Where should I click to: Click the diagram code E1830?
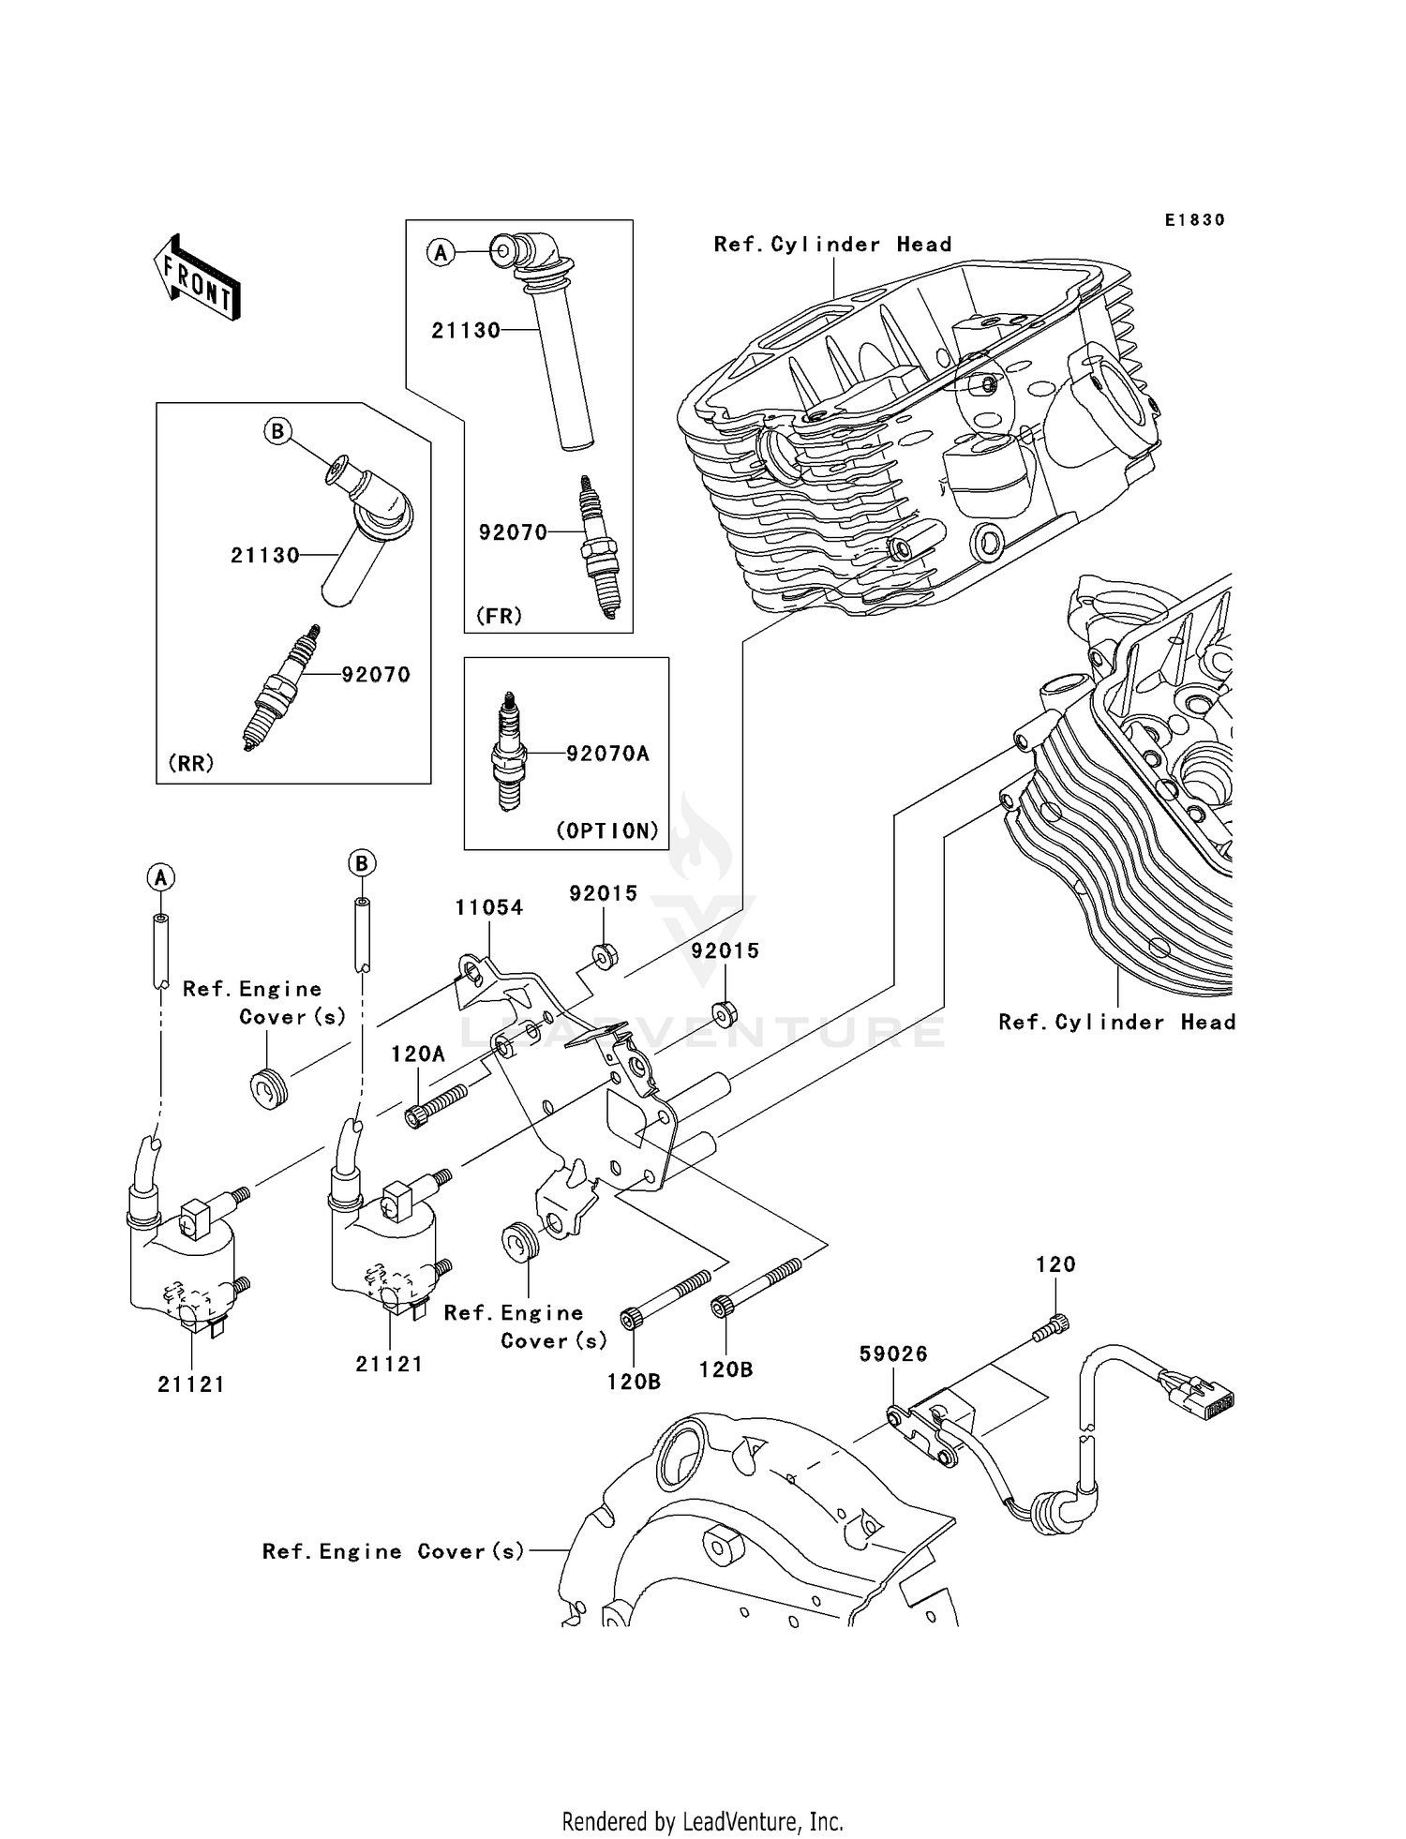1194,219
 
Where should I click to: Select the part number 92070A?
607,754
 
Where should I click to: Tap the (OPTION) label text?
607,830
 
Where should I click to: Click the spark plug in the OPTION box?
509,752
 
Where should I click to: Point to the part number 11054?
489,907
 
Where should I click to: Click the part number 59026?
894,1353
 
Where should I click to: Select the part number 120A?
418,1054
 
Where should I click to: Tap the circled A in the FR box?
441,252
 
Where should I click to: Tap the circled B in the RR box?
277,431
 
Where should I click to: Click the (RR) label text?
191,763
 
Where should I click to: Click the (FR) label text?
499,616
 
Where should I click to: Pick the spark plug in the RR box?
283,687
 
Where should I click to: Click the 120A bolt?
437,1105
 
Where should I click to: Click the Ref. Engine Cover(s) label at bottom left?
393,1551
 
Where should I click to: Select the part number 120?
1055,1264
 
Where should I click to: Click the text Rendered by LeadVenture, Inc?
702,1821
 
